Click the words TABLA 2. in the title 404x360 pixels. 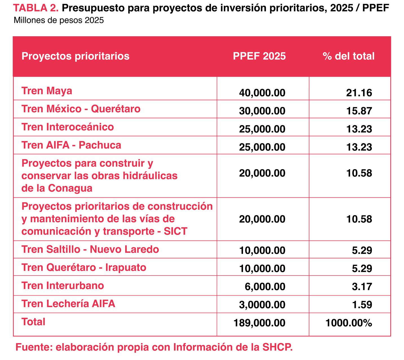(36, 8)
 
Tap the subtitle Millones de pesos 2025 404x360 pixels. (59, 21)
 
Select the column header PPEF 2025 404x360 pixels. (259, 56)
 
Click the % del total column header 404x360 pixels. (348, 56)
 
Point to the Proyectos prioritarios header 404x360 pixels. (75, 56)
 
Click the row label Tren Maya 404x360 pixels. (47, 91)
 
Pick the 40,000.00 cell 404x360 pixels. (262, 93)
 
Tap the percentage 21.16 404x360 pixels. (359, 93)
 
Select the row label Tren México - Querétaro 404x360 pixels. (81, 109)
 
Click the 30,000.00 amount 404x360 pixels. (262, 111)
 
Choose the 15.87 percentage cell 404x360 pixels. (359, 111)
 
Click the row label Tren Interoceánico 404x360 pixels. (68, 127)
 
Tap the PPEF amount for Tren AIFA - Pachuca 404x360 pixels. (262, 147)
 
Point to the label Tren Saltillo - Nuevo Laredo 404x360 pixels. (90, 249)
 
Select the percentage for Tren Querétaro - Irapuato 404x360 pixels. (362, 268)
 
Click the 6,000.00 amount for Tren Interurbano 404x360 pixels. (265, 286)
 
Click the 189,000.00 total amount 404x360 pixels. (259, 323)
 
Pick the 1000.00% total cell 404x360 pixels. (348, 323)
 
